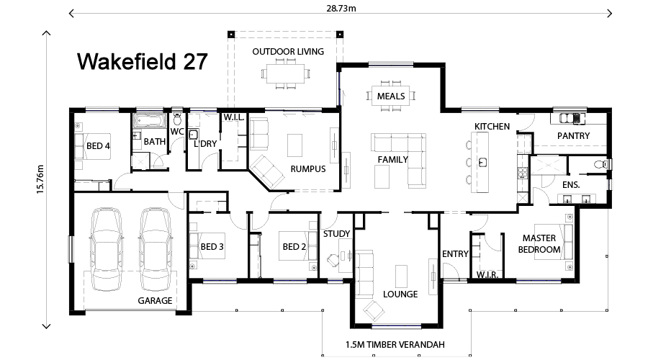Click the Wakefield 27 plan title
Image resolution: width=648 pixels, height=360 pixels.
[x=142, y=62]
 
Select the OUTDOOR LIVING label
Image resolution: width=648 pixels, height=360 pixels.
[x=287, y=52]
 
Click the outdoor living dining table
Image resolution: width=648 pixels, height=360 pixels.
[x=287, y=73]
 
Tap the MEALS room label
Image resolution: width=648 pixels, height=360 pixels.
[x=390, y=96]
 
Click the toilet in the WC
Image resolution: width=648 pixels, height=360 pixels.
[x=177, y=118]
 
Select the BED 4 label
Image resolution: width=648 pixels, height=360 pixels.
[x=98, y=146]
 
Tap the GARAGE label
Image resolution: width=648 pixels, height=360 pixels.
[x=155, y=301]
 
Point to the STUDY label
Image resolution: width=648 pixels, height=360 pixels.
[x=336, y=234]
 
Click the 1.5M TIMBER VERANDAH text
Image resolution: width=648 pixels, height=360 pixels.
[x=395, y=345]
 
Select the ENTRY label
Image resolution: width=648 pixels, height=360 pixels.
[x=455, y=254]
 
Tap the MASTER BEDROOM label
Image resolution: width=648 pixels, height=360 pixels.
[x=541, y=244]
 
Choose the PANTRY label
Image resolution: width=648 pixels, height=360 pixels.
[x=573, y=136]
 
